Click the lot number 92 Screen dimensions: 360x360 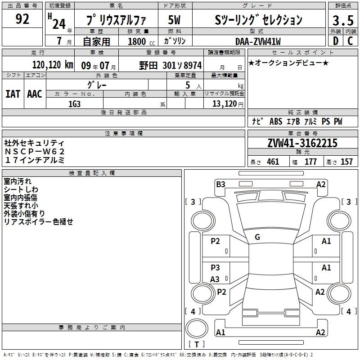coord(22,19)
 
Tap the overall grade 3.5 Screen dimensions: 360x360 coord(343,21)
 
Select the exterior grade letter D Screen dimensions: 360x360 coord(336,41)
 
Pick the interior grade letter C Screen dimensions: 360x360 coord(350,41)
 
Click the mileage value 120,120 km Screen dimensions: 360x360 coord(53,65)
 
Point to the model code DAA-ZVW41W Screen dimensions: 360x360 coord(258,41)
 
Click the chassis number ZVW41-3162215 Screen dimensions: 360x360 coord(302,143)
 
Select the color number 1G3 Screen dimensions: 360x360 coord(74,104)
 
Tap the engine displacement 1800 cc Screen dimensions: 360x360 coord(141,41)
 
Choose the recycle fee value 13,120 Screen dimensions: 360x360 coord(225,104)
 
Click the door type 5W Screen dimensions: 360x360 coord(174,20)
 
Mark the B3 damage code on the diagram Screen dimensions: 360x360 coord(220,184)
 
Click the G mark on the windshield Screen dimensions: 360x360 coord(257,237)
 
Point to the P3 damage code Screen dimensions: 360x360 coord(215,267)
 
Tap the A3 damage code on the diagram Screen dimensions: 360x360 coord(215,279)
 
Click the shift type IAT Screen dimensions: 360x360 coord(13,94)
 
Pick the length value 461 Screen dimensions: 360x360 coord(273,162)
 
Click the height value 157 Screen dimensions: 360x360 coord(346,162)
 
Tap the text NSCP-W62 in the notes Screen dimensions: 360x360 coord(35,152)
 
